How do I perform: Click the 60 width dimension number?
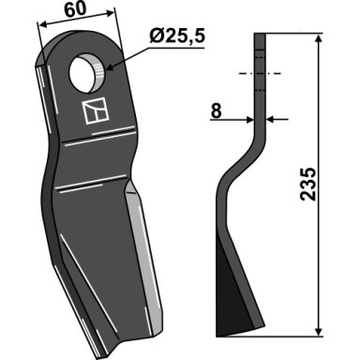tap(75, 9)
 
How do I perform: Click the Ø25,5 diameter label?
tap(177, 37)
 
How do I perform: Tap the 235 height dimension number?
tap(308, 184)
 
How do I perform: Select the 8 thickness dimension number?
tap(217, 111)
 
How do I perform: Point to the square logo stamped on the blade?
tap(95, 111)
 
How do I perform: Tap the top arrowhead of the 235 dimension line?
tap(319, 39)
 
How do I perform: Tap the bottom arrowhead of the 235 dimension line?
tap(319, 331)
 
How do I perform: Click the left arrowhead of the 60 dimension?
tap(42, 24)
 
